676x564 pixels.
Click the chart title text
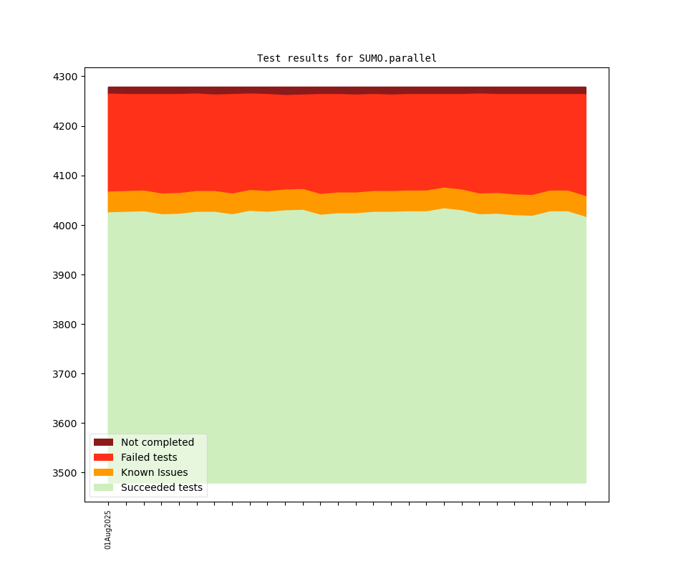point(347,58)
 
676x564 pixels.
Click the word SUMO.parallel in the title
point(397,58)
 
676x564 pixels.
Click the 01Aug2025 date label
point(108,530)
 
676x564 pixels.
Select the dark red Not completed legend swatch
point(103,442)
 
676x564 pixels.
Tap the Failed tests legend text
point(149,457)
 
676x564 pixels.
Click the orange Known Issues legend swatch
point(103,472)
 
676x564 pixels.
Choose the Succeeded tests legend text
point(162,488)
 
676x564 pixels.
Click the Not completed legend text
point(158,442)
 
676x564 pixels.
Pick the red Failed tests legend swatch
point(103,457)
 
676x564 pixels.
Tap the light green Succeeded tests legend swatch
point(103,487)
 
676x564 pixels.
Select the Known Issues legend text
point(154,472)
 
